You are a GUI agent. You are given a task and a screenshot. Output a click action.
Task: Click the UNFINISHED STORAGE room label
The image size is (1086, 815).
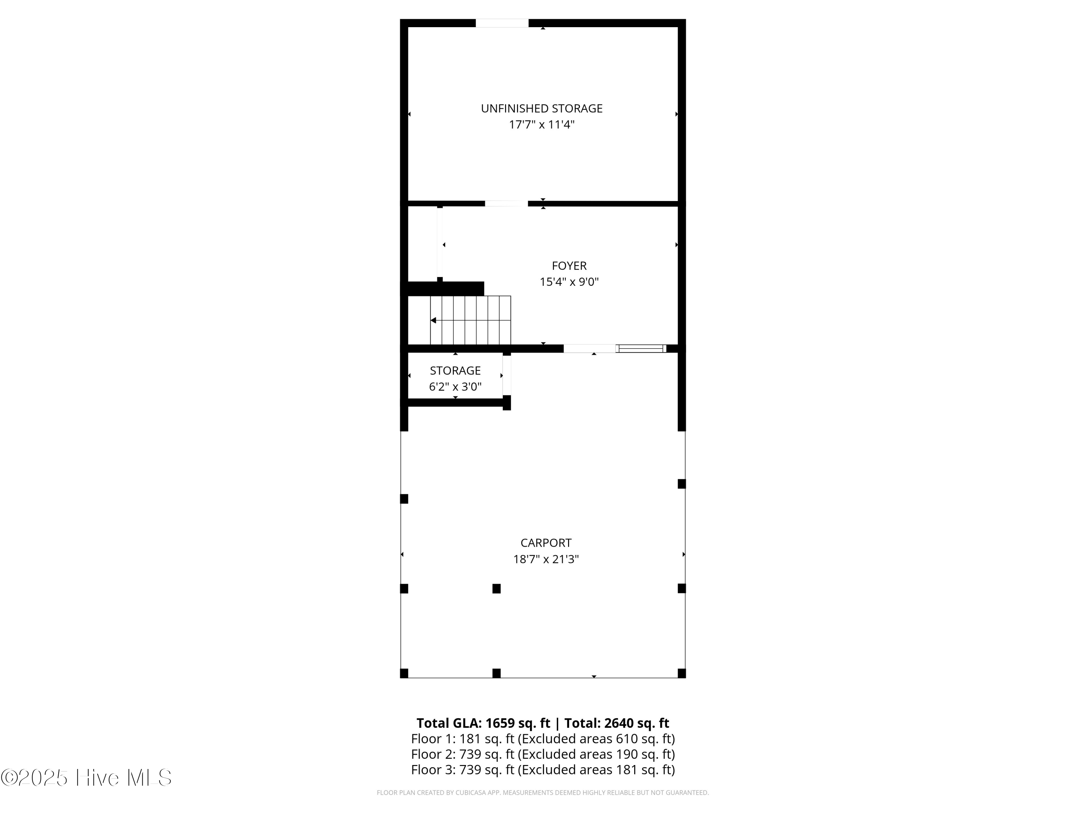(542, 109)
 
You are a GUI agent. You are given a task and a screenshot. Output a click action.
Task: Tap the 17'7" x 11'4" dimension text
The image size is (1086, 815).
(542, 125)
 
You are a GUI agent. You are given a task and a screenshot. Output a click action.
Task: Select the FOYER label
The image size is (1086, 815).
(569, 266)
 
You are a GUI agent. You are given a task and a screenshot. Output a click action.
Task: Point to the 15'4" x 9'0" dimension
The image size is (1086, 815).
(569, 282)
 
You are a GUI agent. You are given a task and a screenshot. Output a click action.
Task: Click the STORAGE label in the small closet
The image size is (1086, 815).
(455, 371)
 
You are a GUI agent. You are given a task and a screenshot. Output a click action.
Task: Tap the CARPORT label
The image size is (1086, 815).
(546, 543)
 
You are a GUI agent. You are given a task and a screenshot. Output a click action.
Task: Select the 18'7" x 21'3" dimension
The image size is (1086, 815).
(546, 559)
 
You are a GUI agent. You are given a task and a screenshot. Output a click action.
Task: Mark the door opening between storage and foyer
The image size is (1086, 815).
(506, 203)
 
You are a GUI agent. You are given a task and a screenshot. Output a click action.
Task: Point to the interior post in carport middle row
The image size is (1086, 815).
(496, 589)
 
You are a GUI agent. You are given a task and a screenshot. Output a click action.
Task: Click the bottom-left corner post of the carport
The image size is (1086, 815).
(404, 673)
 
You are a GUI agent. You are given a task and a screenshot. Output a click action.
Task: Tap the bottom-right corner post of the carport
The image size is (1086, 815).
(681, 673)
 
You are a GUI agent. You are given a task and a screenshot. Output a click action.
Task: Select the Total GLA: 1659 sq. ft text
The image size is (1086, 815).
(483, 723)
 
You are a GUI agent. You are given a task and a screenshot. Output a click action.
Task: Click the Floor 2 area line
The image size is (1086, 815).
(543, 754)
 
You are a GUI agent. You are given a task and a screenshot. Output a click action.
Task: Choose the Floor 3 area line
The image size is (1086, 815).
(543, 770)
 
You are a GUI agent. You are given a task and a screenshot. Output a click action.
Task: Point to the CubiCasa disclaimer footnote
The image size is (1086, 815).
(543, 793)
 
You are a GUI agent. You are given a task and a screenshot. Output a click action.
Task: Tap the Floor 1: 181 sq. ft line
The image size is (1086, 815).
(543, 739)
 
